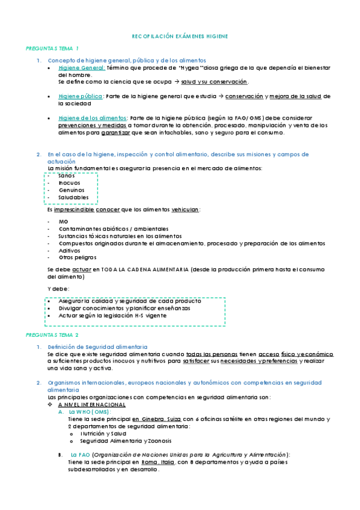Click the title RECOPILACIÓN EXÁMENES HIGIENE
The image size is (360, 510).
(180, 36)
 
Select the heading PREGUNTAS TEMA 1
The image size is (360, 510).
(53, 48)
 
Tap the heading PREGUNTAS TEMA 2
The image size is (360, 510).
(53, 334)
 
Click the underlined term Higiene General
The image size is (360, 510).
(82, 68)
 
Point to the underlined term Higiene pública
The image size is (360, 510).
(81, 96)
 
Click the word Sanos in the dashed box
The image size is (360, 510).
(67, 176)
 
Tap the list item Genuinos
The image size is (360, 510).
(72, 190)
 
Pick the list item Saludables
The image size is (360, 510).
(73, 197)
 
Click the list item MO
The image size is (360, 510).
(64, 222)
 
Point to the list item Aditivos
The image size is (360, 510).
(69, 250)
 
